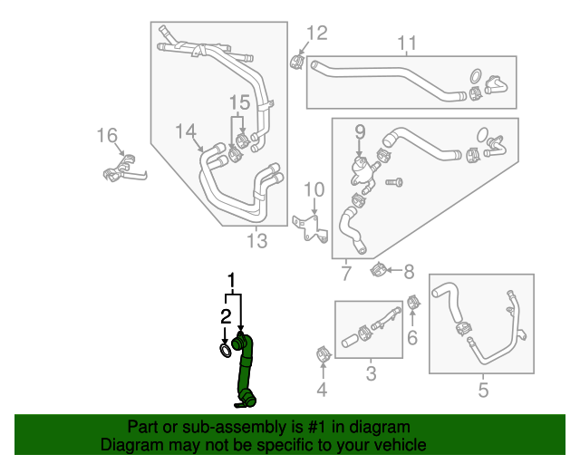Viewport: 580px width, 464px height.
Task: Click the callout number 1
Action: (x=233, y=279)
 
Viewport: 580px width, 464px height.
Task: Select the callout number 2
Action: (x=225, y=316)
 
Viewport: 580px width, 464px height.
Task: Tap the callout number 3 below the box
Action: (x=371, y=372)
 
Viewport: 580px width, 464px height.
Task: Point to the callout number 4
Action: (x=321, y=391)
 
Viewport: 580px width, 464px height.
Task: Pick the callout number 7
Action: (x=346, y=273)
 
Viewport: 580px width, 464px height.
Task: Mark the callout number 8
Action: (x=409, y=271)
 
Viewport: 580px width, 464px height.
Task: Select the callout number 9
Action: (x=359, y=131)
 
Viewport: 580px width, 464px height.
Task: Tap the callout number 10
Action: (x=314, y=189)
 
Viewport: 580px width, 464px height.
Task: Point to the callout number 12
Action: (x=315, y=34)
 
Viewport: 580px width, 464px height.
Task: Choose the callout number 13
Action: (x=257, y=240)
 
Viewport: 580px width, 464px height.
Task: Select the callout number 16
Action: (x=107, y=136)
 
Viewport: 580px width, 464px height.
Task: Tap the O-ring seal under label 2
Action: (x=225, y=349)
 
